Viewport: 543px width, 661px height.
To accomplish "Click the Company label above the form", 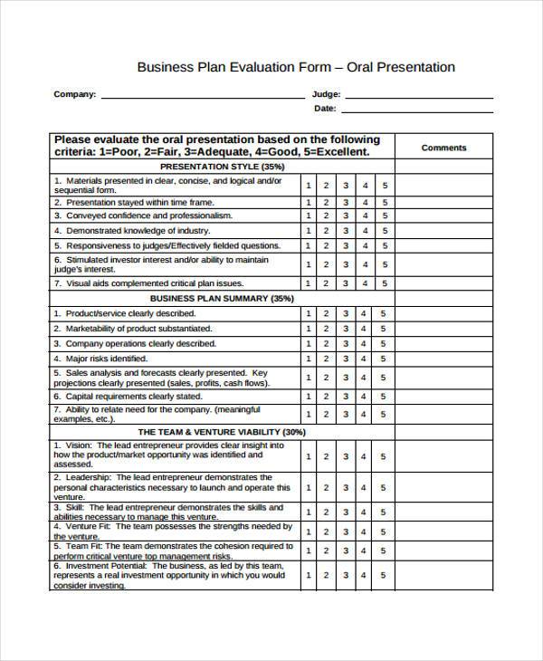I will coord(75,93).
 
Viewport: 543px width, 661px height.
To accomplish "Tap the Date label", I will coord(325,109).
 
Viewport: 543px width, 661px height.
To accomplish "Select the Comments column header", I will coord(443,148).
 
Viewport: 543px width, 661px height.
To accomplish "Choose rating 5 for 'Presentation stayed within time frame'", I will coord(385,203).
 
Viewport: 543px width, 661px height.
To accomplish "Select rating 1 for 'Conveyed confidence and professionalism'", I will coord(309,216).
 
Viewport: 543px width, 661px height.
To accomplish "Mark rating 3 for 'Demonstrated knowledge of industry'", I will coord(346,231).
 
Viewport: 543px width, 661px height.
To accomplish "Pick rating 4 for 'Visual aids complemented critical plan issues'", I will coord(366,283).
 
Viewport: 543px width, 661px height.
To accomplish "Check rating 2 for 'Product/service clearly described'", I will coord(327,313).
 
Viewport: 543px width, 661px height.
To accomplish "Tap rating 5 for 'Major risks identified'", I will coord(385,359).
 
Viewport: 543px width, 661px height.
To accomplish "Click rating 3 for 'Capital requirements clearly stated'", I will coord(346,396).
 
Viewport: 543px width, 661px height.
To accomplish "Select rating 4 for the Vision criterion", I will coord(366,456).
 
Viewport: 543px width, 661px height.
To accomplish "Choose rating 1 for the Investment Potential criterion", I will coord(309,575).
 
